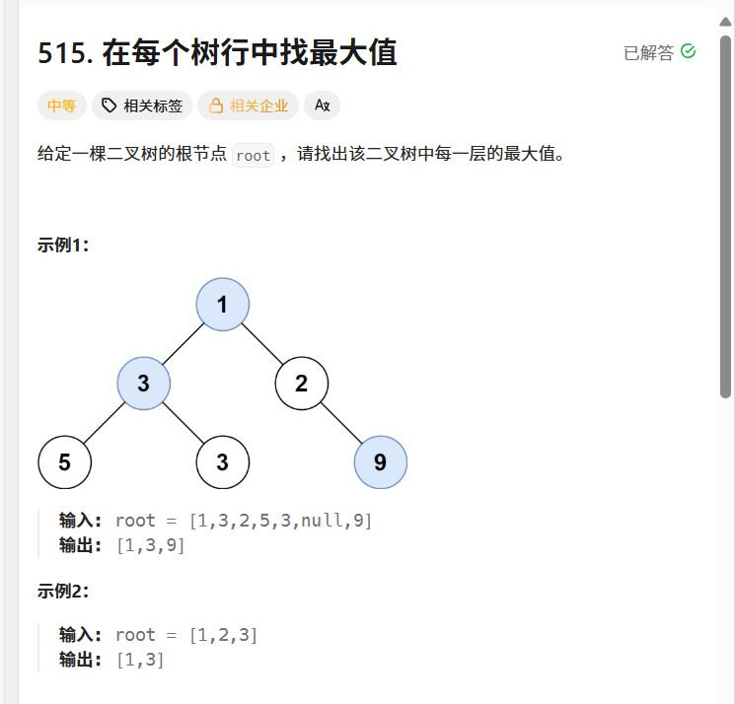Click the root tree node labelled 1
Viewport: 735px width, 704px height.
[222, 304]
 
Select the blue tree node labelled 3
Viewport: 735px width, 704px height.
[143, 383]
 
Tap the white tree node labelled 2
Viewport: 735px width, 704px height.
[301, 383]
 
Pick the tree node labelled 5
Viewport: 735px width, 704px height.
[64, 461]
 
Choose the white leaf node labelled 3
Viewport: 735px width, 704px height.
[222, 461]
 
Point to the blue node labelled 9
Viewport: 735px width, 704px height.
[380, 461]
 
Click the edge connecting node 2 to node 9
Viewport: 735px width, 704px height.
[340, 422]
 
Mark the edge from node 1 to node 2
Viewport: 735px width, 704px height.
[261, 343]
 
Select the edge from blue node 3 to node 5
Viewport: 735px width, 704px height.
[104, 422]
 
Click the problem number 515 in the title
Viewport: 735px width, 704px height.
[65, 53]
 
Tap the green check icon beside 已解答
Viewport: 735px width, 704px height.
[689, 51]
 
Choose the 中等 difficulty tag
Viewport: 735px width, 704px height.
[61, 106]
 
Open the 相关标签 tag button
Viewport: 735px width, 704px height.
[141, 106]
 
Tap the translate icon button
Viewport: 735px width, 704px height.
[322, 106]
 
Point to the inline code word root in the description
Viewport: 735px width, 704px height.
[254, 156]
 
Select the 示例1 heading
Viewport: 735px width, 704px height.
[63, 246]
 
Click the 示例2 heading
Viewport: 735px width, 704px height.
[63, 592]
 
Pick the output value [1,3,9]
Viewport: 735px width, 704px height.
[150, 544]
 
